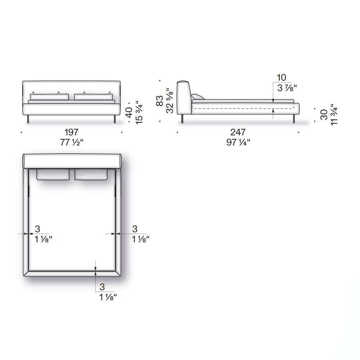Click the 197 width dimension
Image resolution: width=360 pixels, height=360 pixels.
point(71,132)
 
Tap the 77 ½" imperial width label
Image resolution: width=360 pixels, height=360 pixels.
point(72,142)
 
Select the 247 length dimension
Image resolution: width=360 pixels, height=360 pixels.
point(238,132)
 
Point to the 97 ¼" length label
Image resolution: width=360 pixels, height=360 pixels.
point(238,142)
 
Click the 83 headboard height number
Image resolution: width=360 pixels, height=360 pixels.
point(159,100)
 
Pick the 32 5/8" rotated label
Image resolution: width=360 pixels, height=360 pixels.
point(170,100)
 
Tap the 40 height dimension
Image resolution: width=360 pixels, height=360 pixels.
point(129,112)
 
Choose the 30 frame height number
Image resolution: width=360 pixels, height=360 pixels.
point(324,114)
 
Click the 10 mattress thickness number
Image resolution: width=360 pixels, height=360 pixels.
point(281,78)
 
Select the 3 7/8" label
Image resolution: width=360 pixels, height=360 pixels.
point(287,88)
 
